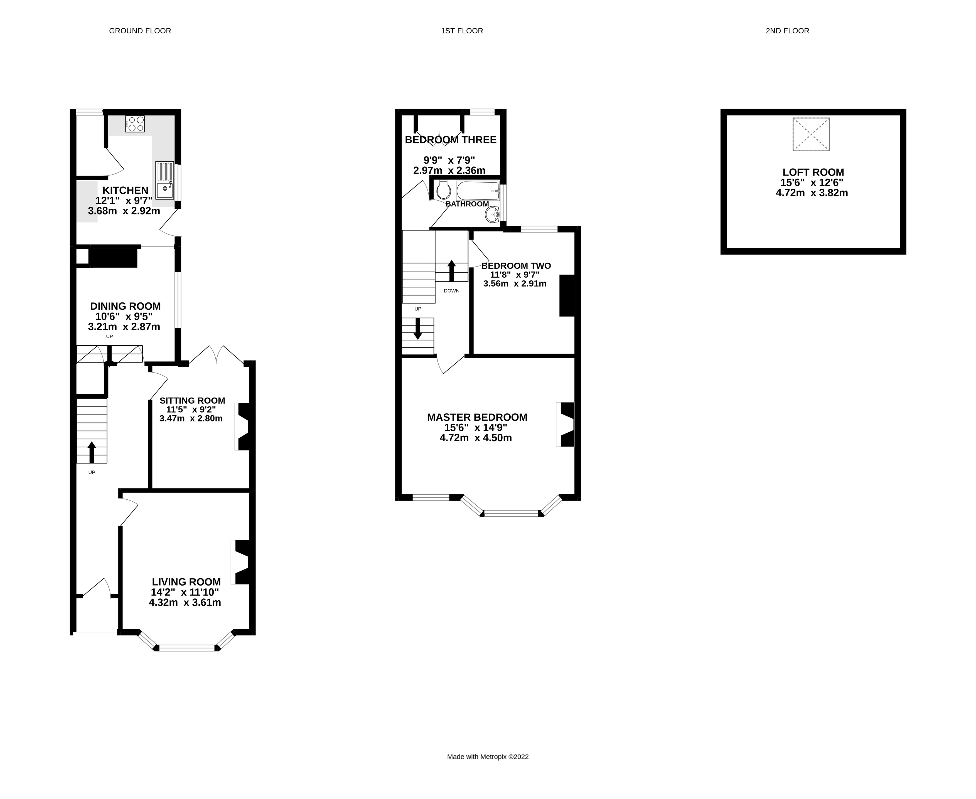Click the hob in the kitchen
coord(135,124)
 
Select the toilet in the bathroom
coord(443,190)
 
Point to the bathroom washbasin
coord(492,214)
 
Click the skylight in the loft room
coord(811,134)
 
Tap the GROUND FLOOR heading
coord(140,31)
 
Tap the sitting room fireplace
coord(243,427)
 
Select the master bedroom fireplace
coord(567,424)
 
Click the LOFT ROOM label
coord(813,172)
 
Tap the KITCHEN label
coord(125,190)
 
